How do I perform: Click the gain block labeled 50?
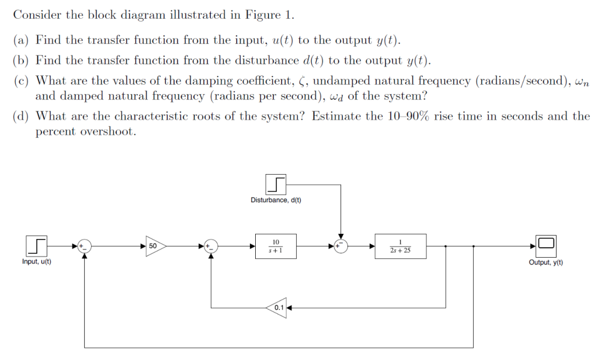tap(155, 246)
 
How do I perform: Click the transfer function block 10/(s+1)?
tap(276, 246)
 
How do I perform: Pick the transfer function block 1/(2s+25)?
tap(400, 246)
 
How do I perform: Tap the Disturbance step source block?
tap(276, 185)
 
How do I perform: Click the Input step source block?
tap(36, 246)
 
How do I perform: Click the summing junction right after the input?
tap(85, 247)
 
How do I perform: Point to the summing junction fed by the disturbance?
tap(340, 247)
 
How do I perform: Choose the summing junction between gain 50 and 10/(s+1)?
tap(211, 247)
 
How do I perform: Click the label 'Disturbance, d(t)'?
tap(276, 200)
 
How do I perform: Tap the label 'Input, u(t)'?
tap(36, 262)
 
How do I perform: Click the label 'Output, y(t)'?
tap(546, 262)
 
